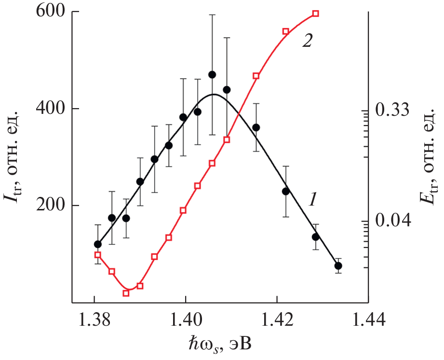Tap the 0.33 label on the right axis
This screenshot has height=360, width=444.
pos(392,111)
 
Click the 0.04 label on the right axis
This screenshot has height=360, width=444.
pos(392,221)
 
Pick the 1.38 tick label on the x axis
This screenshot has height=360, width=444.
pos(94,320)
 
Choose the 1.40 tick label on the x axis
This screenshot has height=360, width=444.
pos(186,320)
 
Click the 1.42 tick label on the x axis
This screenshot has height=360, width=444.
pos(277,320)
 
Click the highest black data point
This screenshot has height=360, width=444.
pos(212,74)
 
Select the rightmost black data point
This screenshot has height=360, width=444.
pos(338,266)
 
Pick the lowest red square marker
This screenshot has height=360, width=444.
pos(126,293)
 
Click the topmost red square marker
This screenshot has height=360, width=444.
pos(316,13)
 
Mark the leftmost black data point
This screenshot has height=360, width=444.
pos(98,244)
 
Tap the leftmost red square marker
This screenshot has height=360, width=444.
pos(97,255)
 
